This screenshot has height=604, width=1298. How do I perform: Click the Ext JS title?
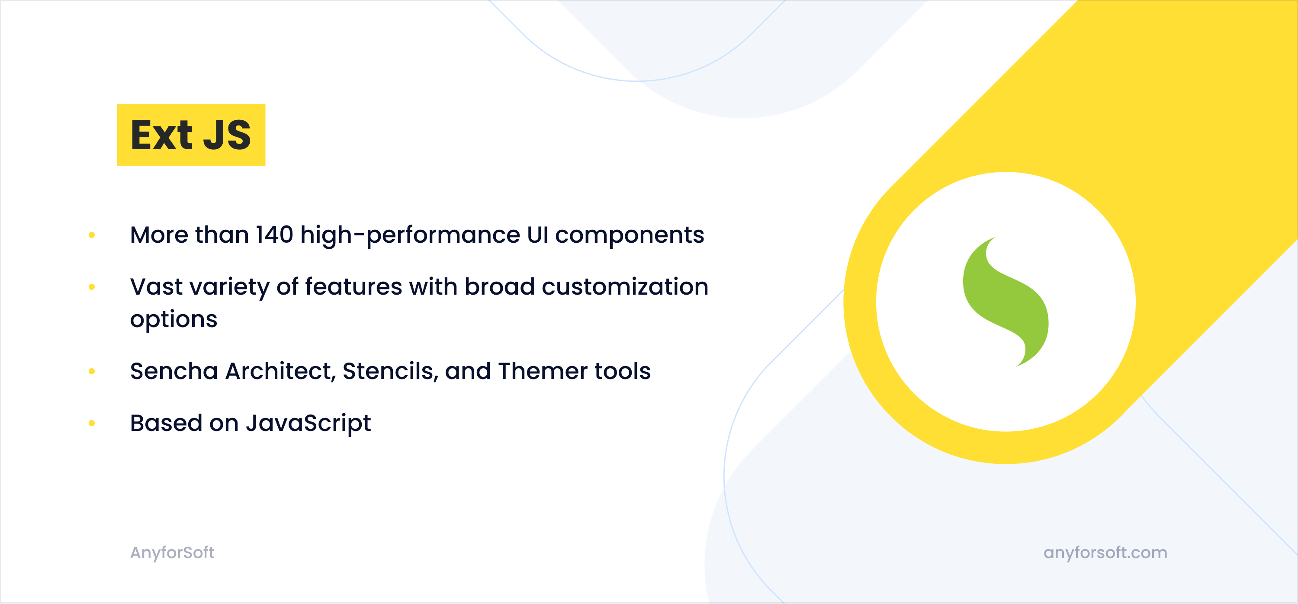(191, 135)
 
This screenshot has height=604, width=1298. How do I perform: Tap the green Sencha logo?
(1006, 302)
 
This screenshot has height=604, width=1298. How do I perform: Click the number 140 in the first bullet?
(275, 235)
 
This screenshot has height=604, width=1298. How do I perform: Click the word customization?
(625, 286)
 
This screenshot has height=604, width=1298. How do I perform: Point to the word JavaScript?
(308, 424)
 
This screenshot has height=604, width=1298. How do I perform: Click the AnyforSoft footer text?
(172, 553)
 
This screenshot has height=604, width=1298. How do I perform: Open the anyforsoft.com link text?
(1105, 553)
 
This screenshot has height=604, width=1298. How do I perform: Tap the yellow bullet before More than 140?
(92, 235)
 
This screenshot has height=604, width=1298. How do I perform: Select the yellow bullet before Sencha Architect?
(92, 371)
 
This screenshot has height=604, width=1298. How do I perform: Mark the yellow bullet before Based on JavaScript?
(92, 423)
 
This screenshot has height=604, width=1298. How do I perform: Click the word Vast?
(156, 286)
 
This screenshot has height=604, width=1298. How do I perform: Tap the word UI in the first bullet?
(537, 235)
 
